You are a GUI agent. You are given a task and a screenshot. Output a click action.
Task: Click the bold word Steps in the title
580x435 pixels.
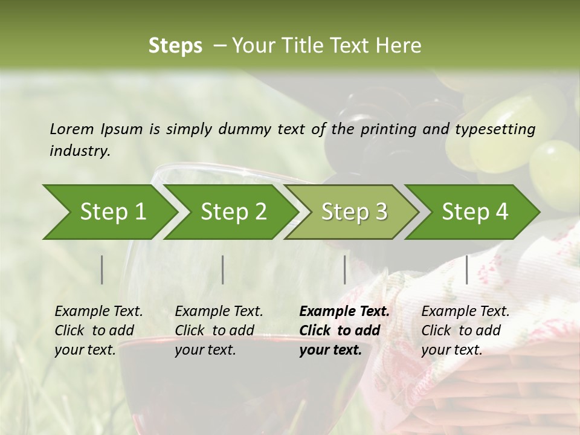(x=175, y=46)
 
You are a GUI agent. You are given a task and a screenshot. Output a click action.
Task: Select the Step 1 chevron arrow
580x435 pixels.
(x=109, y=212)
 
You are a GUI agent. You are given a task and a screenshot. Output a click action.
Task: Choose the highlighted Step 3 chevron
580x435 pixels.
(x=353, y=212)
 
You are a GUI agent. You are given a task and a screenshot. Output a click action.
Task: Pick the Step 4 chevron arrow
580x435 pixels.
(x=474, y=212)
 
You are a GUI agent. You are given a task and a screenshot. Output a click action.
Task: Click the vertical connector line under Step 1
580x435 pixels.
(x=102, y=269)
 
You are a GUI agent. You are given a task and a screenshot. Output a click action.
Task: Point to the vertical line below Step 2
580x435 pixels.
(x=223, y=269)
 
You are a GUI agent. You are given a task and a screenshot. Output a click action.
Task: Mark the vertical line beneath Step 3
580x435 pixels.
(x=345, y=269)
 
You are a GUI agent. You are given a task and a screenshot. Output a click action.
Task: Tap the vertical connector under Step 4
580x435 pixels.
(x=467, y=269)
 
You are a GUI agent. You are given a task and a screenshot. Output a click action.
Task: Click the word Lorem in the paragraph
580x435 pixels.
(x=72, y=129)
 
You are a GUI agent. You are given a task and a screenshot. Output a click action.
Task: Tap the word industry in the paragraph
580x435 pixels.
(x=79, y=151)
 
